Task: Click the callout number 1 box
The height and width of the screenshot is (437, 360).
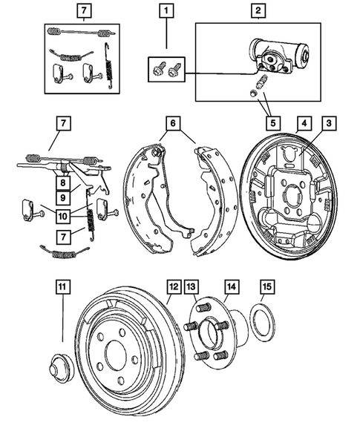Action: (x=167, y=11)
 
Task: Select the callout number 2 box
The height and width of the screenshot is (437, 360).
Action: (x=258, y=11)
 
